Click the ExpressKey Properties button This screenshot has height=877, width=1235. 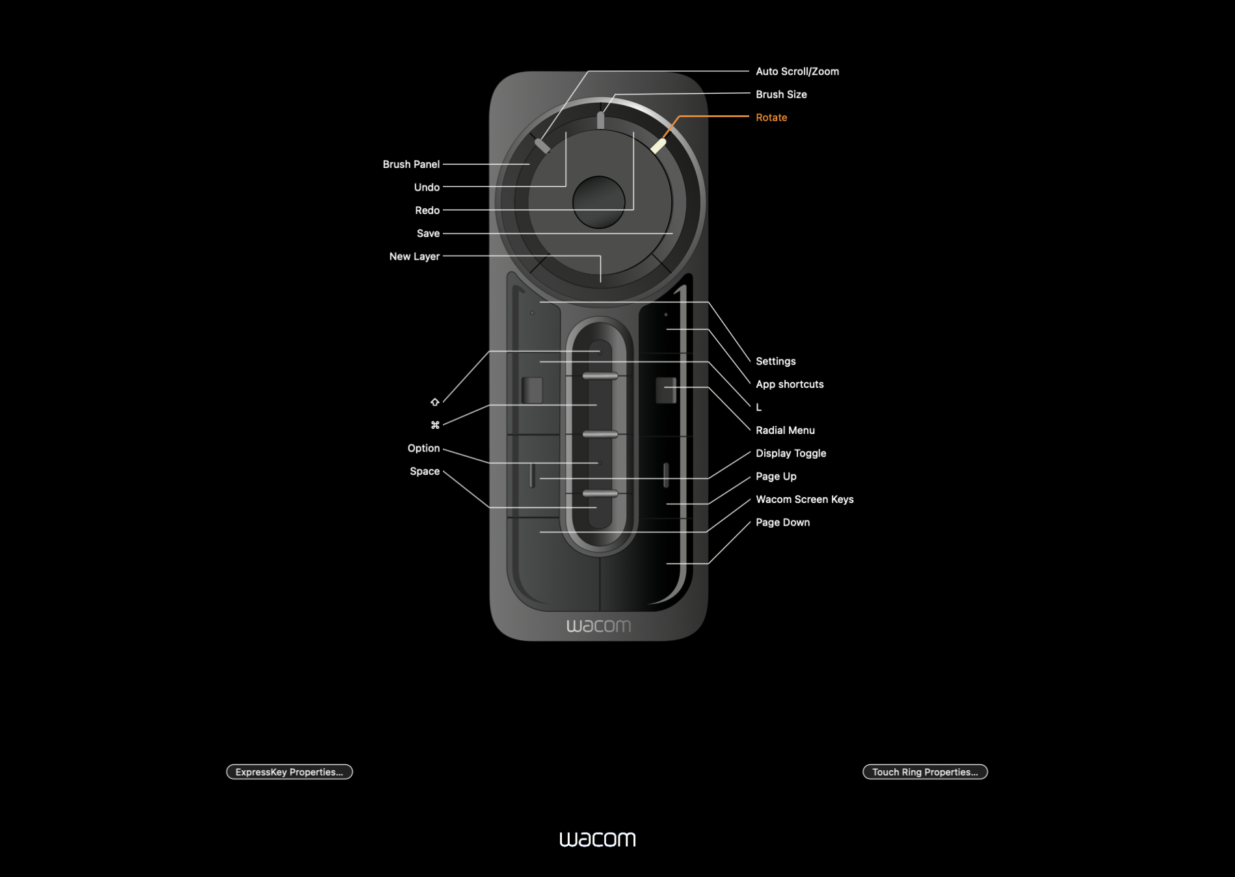click(289, 772)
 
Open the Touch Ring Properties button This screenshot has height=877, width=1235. click(925, 772)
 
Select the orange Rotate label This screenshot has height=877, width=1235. click(771, 118)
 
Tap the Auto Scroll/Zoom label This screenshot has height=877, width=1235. click(797, 72)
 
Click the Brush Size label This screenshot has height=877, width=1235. click(781, 94)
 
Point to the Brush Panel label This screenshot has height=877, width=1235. click(411, 165)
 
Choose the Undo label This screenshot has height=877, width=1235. click(427, 187)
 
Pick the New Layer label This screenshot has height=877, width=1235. click(414, 256)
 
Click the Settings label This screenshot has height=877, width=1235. click(776, 361)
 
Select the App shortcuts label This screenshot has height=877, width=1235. click(790, 385)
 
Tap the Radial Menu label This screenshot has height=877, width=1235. click(785, 430)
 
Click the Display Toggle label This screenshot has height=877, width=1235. click(791, 453)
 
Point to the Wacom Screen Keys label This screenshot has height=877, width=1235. click(804, 500)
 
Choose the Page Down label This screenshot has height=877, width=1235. click(782, 522)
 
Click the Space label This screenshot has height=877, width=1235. click(425, 471)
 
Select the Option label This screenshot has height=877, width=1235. click(423, 448)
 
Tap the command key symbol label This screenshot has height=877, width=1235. click(435, 425)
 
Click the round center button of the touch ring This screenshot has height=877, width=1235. click(598, 202)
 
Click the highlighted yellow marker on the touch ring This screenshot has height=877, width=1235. click(659, 146)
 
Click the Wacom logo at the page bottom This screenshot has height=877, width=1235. click(598, 839)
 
